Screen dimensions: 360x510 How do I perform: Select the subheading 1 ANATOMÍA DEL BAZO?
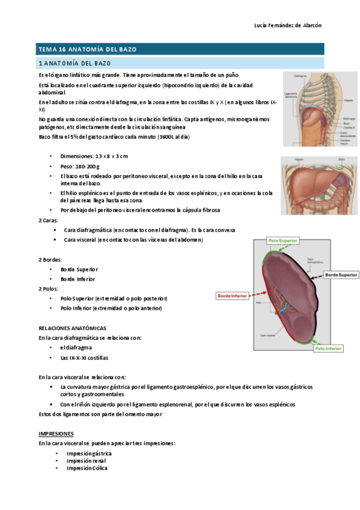75,63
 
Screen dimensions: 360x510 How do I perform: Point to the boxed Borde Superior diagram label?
341,275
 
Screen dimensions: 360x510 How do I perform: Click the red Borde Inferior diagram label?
232,296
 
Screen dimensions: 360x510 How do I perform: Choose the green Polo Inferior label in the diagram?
328,348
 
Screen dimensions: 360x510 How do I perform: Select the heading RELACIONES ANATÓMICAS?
72,328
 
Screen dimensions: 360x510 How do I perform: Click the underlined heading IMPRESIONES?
56,433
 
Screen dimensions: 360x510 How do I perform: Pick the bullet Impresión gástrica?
89,453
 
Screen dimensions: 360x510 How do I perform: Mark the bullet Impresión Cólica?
87,468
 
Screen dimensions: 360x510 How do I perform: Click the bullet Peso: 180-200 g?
80,165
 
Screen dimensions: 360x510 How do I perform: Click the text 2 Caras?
49,220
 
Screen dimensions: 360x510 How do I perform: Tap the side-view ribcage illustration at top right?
320,109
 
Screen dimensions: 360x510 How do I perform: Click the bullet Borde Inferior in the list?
78,279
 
